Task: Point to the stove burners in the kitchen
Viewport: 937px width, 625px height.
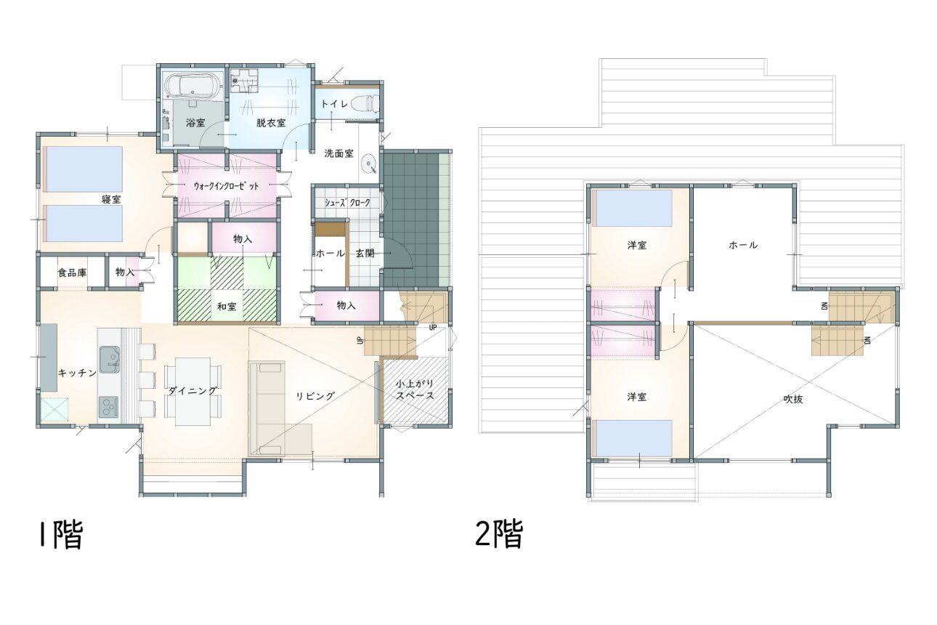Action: point(109,407)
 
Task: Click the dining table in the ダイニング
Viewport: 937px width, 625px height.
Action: point(192,392)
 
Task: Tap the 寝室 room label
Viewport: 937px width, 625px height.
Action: point(111,200)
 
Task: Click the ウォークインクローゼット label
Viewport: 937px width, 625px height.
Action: point(227,187)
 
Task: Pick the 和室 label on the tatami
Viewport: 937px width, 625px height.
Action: point(227,307)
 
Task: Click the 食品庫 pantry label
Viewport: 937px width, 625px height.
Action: point(73,273)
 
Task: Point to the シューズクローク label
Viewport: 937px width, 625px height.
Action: point(347,203)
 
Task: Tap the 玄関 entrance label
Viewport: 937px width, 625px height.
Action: point(365,253)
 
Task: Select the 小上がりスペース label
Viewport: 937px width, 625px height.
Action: point(415,390)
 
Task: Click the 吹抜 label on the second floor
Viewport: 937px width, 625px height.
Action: point(793,399)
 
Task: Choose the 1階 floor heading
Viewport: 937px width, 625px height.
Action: point(62,535)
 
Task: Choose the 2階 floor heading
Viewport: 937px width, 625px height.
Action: point(499,533)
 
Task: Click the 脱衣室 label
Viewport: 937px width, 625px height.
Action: point(271,123)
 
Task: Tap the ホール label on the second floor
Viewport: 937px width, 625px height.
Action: point(743,245)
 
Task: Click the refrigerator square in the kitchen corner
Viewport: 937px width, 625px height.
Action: point(54,409)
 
